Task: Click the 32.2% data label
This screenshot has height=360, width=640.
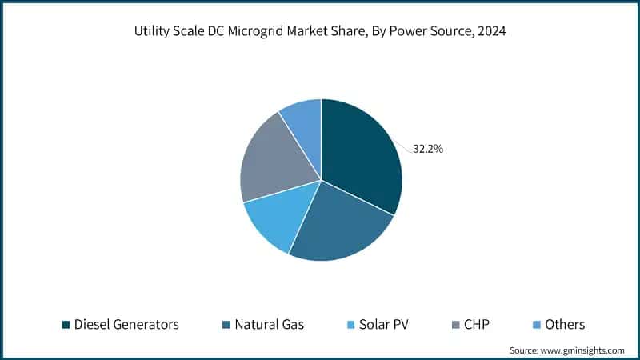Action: point(428,149)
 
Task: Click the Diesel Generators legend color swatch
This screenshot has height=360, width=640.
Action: point(66,324)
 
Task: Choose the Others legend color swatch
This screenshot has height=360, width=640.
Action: point(536,324)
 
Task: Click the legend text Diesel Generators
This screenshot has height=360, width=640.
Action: point(126,324)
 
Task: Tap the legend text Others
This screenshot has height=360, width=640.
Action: point(565,324)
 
